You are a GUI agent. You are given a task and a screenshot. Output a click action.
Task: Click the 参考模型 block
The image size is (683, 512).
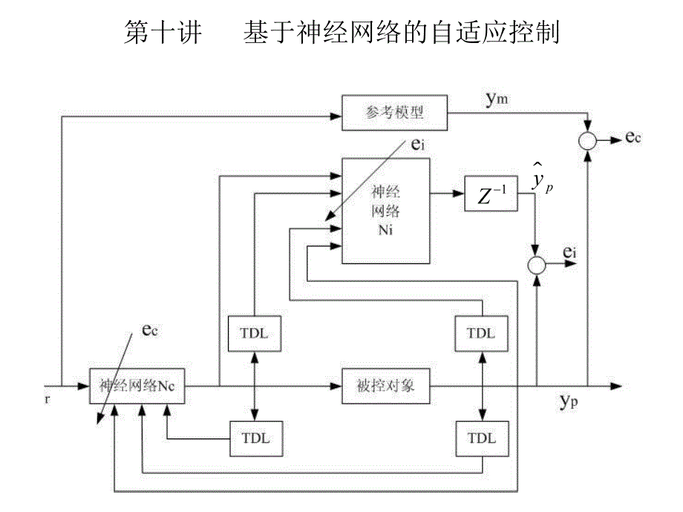coord(393,112)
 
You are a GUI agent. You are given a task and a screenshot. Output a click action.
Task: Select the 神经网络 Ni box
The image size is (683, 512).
coord(385,210)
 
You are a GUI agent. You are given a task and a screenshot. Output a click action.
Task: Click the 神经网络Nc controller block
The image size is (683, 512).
coord(136,386)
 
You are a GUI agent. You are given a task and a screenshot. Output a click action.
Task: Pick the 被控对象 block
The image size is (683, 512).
coord(385,386)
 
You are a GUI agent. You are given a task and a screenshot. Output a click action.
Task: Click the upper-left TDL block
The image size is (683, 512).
coord(254,333)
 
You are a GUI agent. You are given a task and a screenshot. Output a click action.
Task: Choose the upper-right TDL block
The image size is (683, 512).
coord(481,333)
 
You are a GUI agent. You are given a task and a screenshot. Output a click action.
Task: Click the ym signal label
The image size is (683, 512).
coord(497,99)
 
